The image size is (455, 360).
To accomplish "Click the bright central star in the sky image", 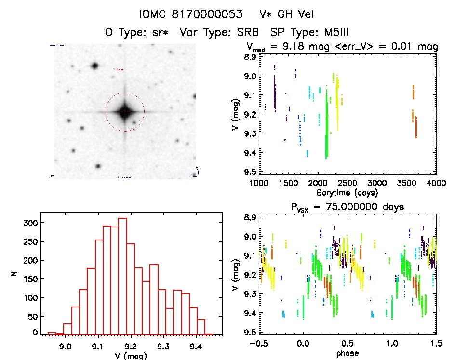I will tap(125, 112).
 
